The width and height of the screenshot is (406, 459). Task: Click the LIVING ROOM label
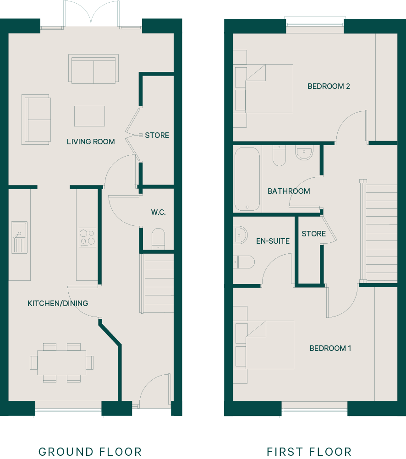(x=91, y=142)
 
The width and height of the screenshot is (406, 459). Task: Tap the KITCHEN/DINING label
(x=58, y=303)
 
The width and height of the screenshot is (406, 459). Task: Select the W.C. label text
(x=159, y=212)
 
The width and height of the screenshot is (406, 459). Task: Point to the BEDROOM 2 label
(x=329, y=87)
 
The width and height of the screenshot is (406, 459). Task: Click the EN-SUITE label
(x=273, y=241)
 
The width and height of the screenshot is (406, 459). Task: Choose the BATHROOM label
(x=289, y=191)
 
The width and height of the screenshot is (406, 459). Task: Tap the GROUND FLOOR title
(x=90, y=451)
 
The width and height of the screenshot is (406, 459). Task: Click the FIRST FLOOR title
(x=309, y=451)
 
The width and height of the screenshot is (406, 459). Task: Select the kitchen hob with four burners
(x=87, y=237)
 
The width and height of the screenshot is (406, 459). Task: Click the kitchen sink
(x=19, y=237)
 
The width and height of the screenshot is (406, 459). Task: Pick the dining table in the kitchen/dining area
(x=61, y=363)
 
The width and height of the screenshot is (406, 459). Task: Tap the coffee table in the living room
(x=89, y=116)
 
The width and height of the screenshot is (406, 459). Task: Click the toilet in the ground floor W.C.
(x=158, y=239)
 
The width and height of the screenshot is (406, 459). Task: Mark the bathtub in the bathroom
(x=247, y=179)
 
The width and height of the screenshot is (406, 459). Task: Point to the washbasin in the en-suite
(x=240, y=235)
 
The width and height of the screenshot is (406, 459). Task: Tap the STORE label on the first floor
(x=314, y=234)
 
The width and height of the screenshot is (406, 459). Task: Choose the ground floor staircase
(x=157, y=284)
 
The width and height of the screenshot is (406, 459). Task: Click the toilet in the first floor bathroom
(x=279, y=156)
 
